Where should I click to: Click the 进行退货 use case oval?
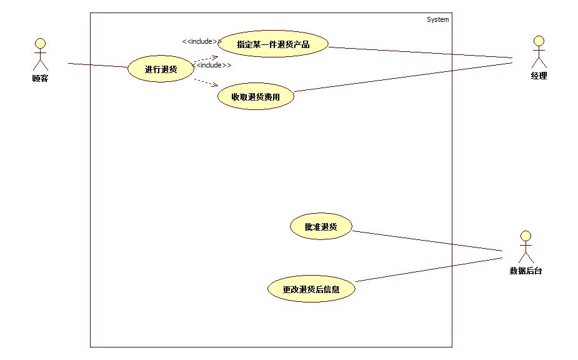[x=161, y=69]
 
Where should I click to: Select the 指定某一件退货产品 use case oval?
[x=273, y=44]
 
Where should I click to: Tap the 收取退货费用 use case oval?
[x=255, y=97]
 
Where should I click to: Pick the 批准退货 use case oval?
[x=321, y=227]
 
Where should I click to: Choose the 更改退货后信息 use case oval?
[x=311, y=289]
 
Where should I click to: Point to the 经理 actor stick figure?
[x=538, y=52]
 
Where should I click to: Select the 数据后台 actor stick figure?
[x=526, y=247]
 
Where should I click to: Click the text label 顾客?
[x=40, y=79]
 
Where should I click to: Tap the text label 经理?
[x=538, y=76]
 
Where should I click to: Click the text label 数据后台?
[x=526, y=271]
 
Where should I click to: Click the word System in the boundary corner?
[x=437, y=19]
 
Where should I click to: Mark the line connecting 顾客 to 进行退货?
[x=97, y=65]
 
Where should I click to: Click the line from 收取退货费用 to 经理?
[x=403, y=77]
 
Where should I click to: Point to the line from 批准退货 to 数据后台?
[x=427, y=241]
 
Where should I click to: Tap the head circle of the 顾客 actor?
[x=40, y=43]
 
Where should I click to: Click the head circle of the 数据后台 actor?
[x=526, y=236]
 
